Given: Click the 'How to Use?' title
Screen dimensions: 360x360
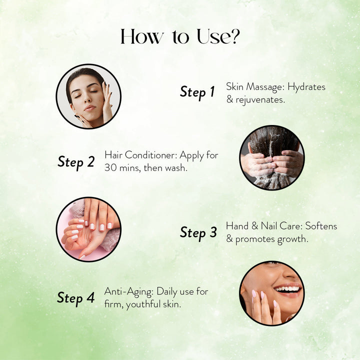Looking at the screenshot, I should [180, 37].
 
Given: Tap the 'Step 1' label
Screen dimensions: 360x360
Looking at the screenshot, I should [197, 92].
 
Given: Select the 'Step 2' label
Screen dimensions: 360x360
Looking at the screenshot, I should [76, 161].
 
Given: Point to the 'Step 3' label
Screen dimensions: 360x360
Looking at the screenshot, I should [198, 232].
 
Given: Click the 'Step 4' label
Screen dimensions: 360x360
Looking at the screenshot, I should [76, 298].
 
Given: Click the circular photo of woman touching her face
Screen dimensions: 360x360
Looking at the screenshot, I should [88, 96].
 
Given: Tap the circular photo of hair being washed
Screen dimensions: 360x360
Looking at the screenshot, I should [272, 157].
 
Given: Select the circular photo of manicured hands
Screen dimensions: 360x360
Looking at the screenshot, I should [88, 229].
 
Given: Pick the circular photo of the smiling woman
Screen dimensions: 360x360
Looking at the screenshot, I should [272, 293].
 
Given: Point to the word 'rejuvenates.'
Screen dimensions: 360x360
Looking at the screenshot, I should [260, 99].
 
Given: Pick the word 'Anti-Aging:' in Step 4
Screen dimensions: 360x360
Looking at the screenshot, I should [129, 291].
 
